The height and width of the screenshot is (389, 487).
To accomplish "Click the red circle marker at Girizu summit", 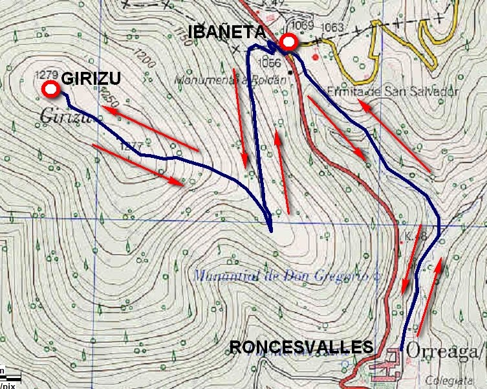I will tap(49, 89).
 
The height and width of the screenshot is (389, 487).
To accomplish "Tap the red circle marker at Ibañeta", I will tap(288, 43).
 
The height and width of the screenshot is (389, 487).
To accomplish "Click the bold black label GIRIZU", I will tap(91, 78).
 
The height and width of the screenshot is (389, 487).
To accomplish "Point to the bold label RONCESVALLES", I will tap(301, 348).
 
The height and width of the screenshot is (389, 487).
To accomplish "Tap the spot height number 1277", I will tap(131, 147).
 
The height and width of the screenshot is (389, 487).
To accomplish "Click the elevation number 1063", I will tap(332, 27).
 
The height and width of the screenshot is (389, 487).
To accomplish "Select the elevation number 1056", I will tap(269, 63).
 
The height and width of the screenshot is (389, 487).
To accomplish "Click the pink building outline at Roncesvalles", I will tap(386, 368).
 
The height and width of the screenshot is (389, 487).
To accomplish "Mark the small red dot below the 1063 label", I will tap(316, 56).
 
